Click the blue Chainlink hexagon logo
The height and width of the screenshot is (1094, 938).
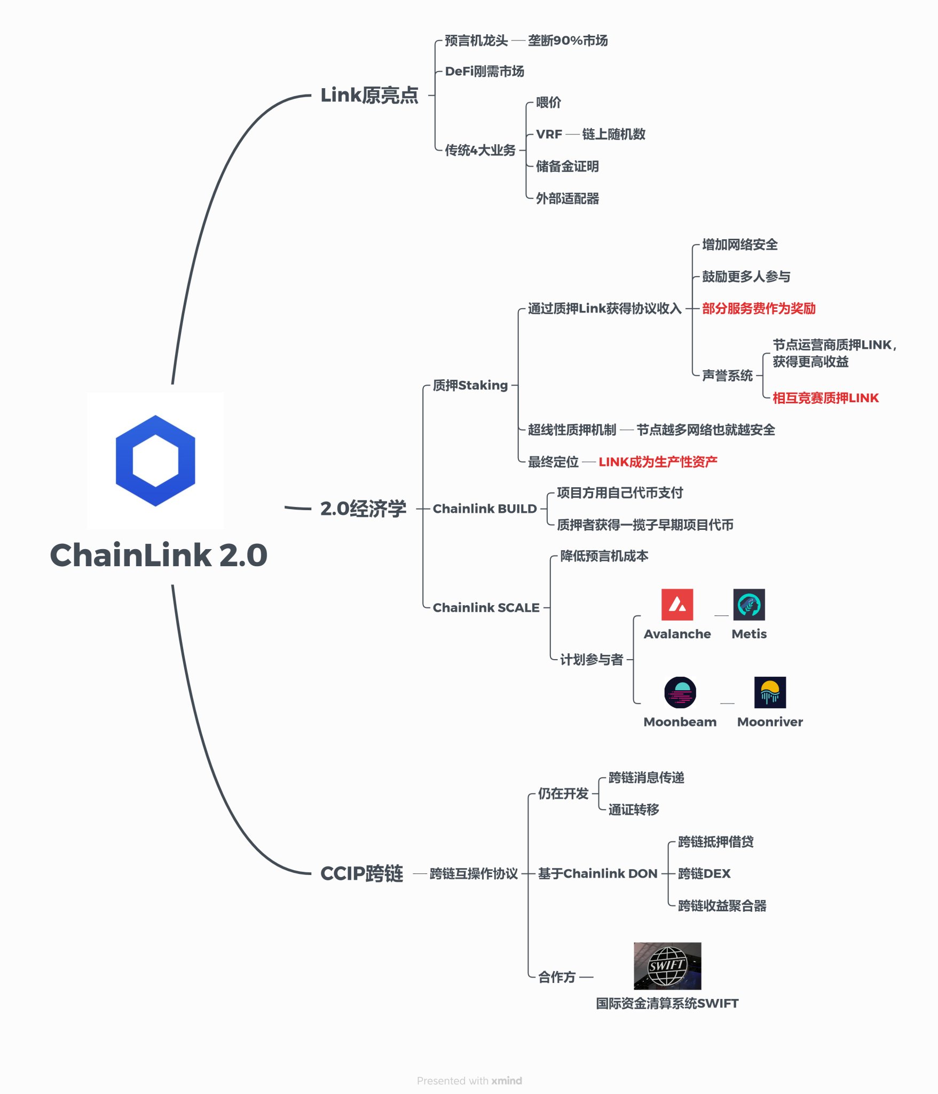pos(155,460)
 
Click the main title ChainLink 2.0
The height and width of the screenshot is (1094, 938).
pos(159,555)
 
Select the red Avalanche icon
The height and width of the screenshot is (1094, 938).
pos(677,605)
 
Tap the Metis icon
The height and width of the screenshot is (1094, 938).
pos(749,605)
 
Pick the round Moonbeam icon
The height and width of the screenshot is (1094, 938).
pos(680,692)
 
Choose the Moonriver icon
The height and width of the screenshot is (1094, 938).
pos(770,692)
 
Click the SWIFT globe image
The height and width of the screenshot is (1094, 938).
pos(667,966)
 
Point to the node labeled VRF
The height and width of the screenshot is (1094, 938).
pos(549,134)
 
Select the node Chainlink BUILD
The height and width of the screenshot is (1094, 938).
pos(484,509)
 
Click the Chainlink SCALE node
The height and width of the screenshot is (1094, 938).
pos(486,607)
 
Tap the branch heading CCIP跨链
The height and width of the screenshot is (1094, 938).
pos(361,873)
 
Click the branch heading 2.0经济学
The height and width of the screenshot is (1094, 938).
pos(363,509)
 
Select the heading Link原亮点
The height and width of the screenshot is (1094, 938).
pos(369,95)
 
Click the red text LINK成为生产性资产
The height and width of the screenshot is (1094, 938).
pos(658,462)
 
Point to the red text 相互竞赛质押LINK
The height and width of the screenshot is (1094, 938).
pos(825,398)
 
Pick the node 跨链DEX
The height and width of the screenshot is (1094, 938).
pos(704,873)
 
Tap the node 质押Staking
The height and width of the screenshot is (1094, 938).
pos(470,385)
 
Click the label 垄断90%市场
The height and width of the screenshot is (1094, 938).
pos(567,41)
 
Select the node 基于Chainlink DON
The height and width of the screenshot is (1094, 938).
pos(597,873)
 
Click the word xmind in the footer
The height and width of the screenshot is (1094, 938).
pos(507,1081)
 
